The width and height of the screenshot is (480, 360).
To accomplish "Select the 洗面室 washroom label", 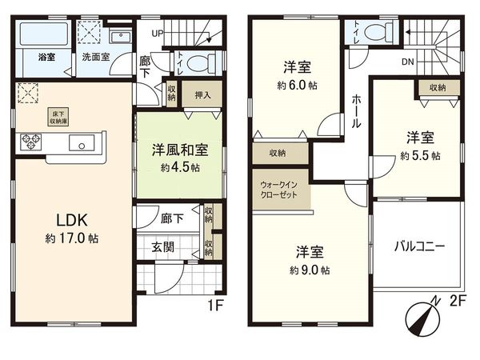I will click(x=95, y=57).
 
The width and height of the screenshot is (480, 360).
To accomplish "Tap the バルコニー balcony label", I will click(x=418, y=246).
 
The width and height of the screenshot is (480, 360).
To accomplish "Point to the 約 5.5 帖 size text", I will click(x=418, y=157).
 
